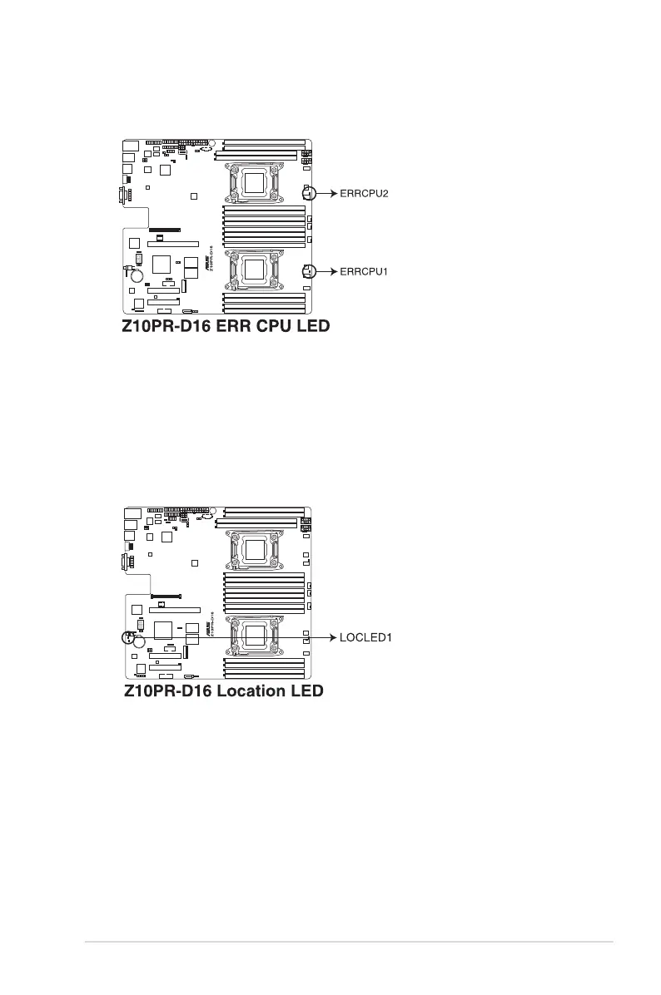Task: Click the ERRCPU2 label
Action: (364, 193)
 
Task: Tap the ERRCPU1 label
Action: (364, 271)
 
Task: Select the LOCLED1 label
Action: (365, 637)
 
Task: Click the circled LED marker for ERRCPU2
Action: (309, 193)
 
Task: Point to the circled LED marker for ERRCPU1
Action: (309, 271)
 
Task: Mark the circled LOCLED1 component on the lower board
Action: (130, 638)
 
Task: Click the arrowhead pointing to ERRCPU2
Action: (332, 193)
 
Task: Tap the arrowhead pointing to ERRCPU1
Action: (332, 271)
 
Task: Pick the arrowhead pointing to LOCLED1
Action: (332, 637)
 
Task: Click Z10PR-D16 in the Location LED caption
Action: (162, 691)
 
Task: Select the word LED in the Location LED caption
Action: (305, 691)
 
